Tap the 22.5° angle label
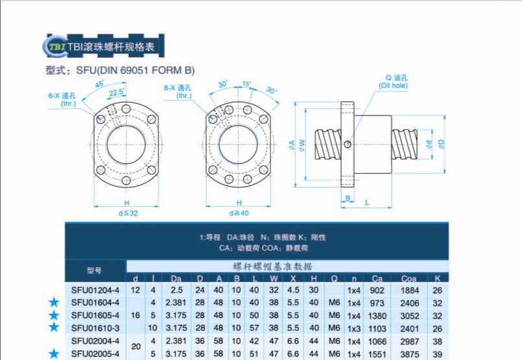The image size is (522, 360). click(x=117, y=93)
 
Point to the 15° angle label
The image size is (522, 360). click(x=246, y=84)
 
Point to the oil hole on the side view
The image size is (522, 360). click(x=348, y=143)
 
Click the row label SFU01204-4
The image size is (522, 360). click(x=95, y=290)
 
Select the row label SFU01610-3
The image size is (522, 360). click(x=95, y=328)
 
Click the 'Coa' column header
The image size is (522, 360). click(x=409, y=278)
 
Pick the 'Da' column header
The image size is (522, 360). click(x=176, y=278)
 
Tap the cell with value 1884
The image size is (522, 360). click(x=409, y=290)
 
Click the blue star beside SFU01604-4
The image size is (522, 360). click(x=54, y=302)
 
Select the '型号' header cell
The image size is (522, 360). click(x=95, y=270)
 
